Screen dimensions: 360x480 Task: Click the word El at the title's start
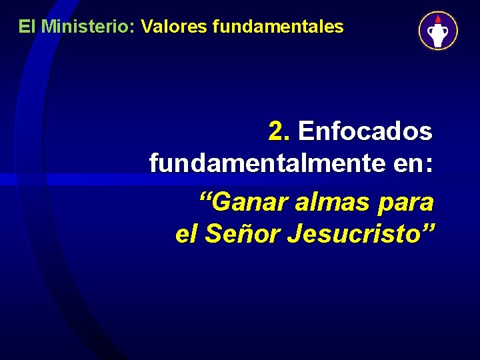point(27,27)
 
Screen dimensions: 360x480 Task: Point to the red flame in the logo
point(438,19)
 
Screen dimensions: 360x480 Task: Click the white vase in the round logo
point(438,34)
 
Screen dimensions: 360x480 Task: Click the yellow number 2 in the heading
point(277,131)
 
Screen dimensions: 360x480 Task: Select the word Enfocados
point(365,131)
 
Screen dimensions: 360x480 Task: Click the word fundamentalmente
point(267,163)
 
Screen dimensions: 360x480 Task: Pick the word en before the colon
point(408,163)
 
